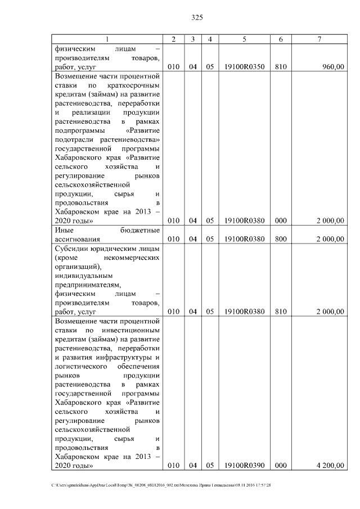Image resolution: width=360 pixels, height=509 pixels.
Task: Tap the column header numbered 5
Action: pyautogui.click(x=244, y=39)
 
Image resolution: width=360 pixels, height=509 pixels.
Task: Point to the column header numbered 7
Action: pyautogui.click(x=319, y=39)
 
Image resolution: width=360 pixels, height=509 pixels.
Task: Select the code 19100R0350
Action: pyautogui.click(x=244, y=67)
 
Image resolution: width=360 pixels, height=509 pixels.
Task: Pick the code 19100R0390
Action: pyautogui.click(x=244, y=466)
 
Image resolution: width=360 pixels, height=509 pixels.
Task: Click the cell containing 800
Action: pyautogui.click(x=281, y=239)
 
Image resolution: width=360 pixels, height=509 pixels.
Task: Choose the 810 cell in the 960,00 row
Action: pyautogui.click(x=281, y=67)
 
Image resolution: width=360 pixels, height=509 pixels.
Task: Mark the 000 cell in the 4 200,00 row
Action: pyautogui.click(x=281, y=466)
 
